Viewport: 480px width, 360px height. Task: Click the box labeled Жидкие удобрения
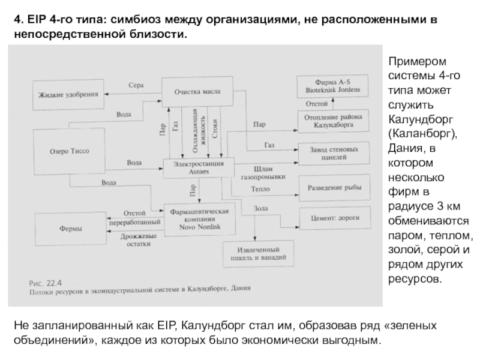67,95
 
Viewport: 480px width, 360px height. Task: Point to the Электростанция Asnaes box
197,167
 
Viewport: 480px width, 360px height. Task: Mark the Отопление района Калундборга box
329,122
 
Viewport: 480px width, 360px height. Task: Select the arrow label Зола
260,208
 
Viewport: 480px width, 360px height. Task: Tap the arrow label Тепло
260,189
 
